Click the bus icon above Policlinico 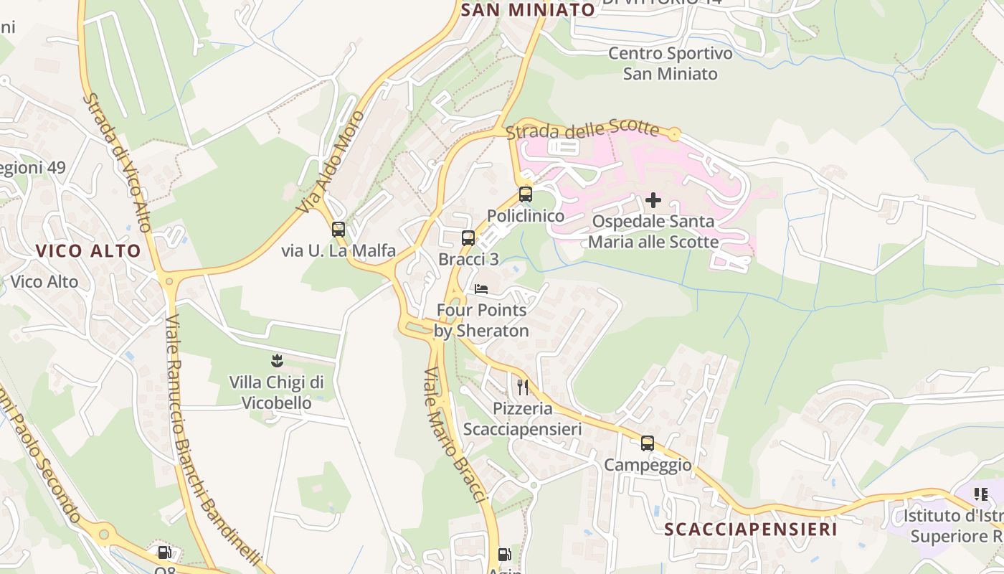point(526,194)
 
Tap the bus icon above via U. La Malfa point(338,230)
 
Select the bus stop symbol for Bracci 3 point(468,238)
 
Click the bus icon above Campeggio point(648,443)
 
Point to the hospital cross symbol point(653,200)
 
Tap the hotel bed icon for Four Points point(481,289)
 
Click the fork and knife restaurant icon point(523,387)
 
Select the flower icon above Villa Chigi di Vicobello point(277,360)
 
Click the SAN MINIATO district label point(528,9)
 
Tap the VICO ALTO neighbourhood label point(88,251)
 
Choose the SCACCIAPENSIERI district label point(751,530)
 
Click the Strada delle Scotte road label point(582,130)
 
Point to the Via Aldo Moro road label point(333,161)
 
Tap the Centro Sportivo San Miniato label point(671,63)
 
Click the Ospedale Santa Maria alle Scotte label point(653,232)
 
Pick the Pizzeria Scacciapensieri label point(522,419)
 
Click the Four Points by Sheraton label point(481,321)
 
